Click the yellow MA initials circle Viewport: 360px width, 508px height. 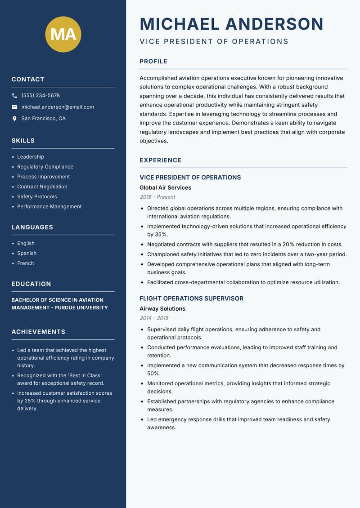(x=63, y=34)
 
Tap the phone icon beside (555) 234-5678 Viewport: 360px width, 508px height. (x=15, y=96)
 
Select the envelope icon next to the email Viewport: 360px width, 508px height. (x=15, y=107)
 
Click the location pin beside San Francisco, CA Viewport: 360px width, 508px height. (x=15, y=119)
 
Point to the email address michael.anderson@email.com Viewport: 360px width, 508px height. (x=58, y=107)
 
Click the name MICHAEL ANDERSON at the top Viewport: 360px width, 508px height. (x=232, y=24)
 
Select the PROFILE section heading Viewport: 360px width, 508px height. (x=153, y=62)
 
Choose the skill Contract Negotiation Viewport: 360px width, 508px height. (x=42, y=187)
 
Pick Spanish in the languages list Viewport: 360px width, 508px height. (x=27, y=253)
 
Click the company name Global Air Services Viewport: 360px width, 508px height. (x=165, y=187)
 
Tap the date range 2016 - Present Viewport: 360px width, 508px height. (x=157, y=197)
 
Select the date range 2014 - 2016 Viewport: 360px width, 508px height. (x=154, y=318)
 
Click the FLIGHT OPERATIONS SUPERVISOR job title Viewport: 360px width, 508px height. (x=191, y=299)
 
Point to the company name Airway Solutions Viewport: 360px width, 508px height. (x=162, y=309)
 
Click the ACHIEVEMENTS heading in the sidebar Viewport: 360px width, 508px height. (x=38, y=332)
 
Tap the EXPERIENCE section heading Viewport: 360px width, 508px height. (x=161, y=160)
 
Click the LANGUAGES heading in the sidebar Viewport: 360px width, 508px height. (x=32, y=227)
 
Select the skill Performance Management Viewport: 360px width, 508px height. (x=49, y=206)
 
